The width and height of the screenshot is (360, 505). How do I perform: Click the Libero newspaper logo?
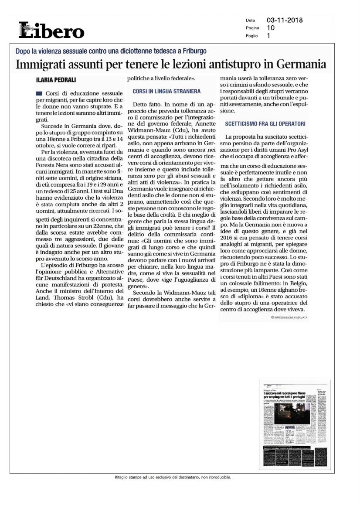click(51, 30)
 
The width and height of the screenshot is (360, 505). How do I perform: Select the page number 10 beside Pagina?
click(271, 28)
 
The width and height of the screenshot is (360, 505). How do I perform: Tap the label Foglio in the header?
click(251, 36)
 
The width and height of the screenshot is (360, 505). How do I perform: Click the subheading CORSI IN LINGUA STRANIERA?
click(166, 92)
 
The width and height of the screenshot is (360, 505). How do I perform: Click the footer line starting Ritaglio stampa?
click(170, 477)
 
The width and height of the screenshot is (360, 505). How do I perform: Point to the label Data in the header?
click(250, 20)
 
